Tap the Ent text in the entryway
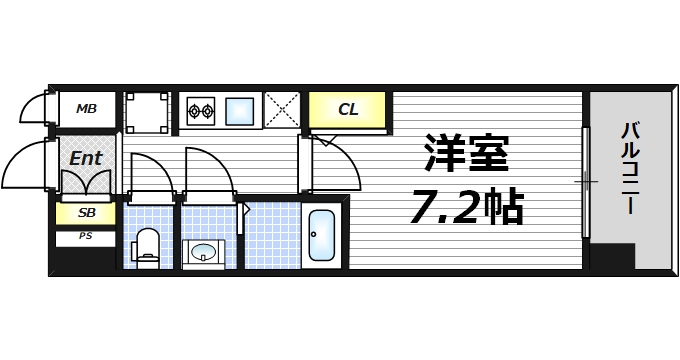[x=86, y=157]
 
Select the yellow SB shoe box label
[x=85, y=213]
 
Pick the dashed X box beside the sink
[x=283, y=111]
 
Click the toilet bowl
[x=148, y=243]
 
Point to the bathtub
[x=321, y=239]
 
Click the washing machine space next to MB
[x=147, y=111]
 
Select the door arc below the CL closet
[x=335, y=160]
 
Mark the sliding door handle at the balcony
[x=586, y=181]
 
